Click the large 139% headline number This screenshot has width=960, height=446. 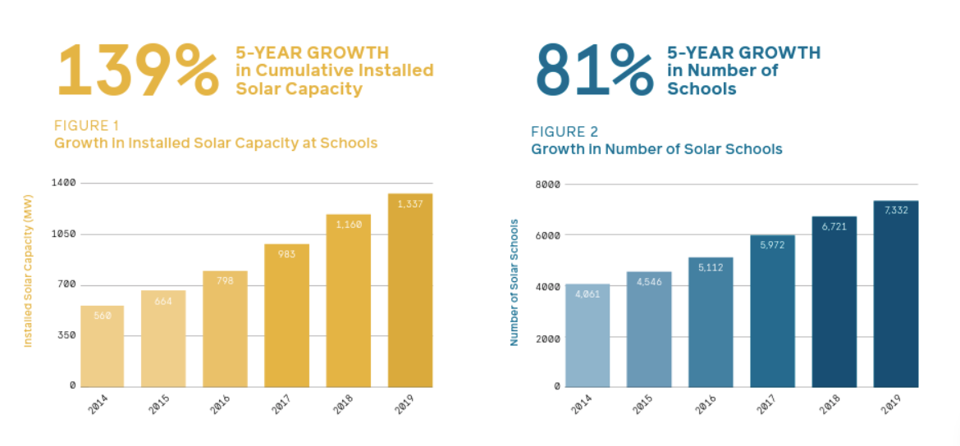137,70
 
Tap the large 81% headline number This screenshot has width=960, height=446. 594,70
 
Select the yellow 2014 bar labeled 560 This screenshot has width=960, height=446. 102,346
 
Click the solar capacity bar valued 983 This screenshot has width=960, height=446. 286,316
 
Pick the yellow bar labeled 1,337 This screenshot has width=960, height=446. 409,290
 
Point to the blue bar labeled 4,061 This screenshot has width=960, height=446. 587,335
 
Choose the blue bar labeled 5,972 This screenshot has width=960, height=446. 772,312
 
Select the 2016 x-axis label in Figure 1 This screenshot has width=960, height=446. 220,403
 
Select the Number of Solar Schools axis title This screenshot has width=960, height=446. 514,282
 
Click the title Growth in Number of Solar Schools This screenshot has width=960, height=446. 656,149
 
